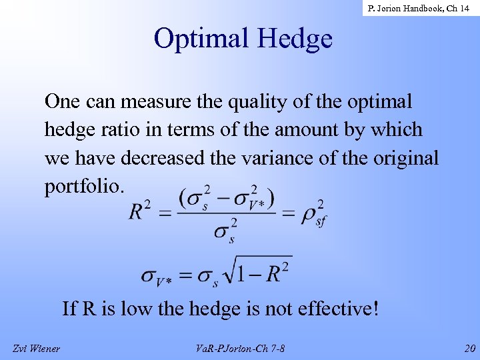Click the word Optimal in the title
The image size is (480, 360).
coord(197,39)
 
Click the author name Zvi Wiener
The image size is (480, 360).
coord(37,348)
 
